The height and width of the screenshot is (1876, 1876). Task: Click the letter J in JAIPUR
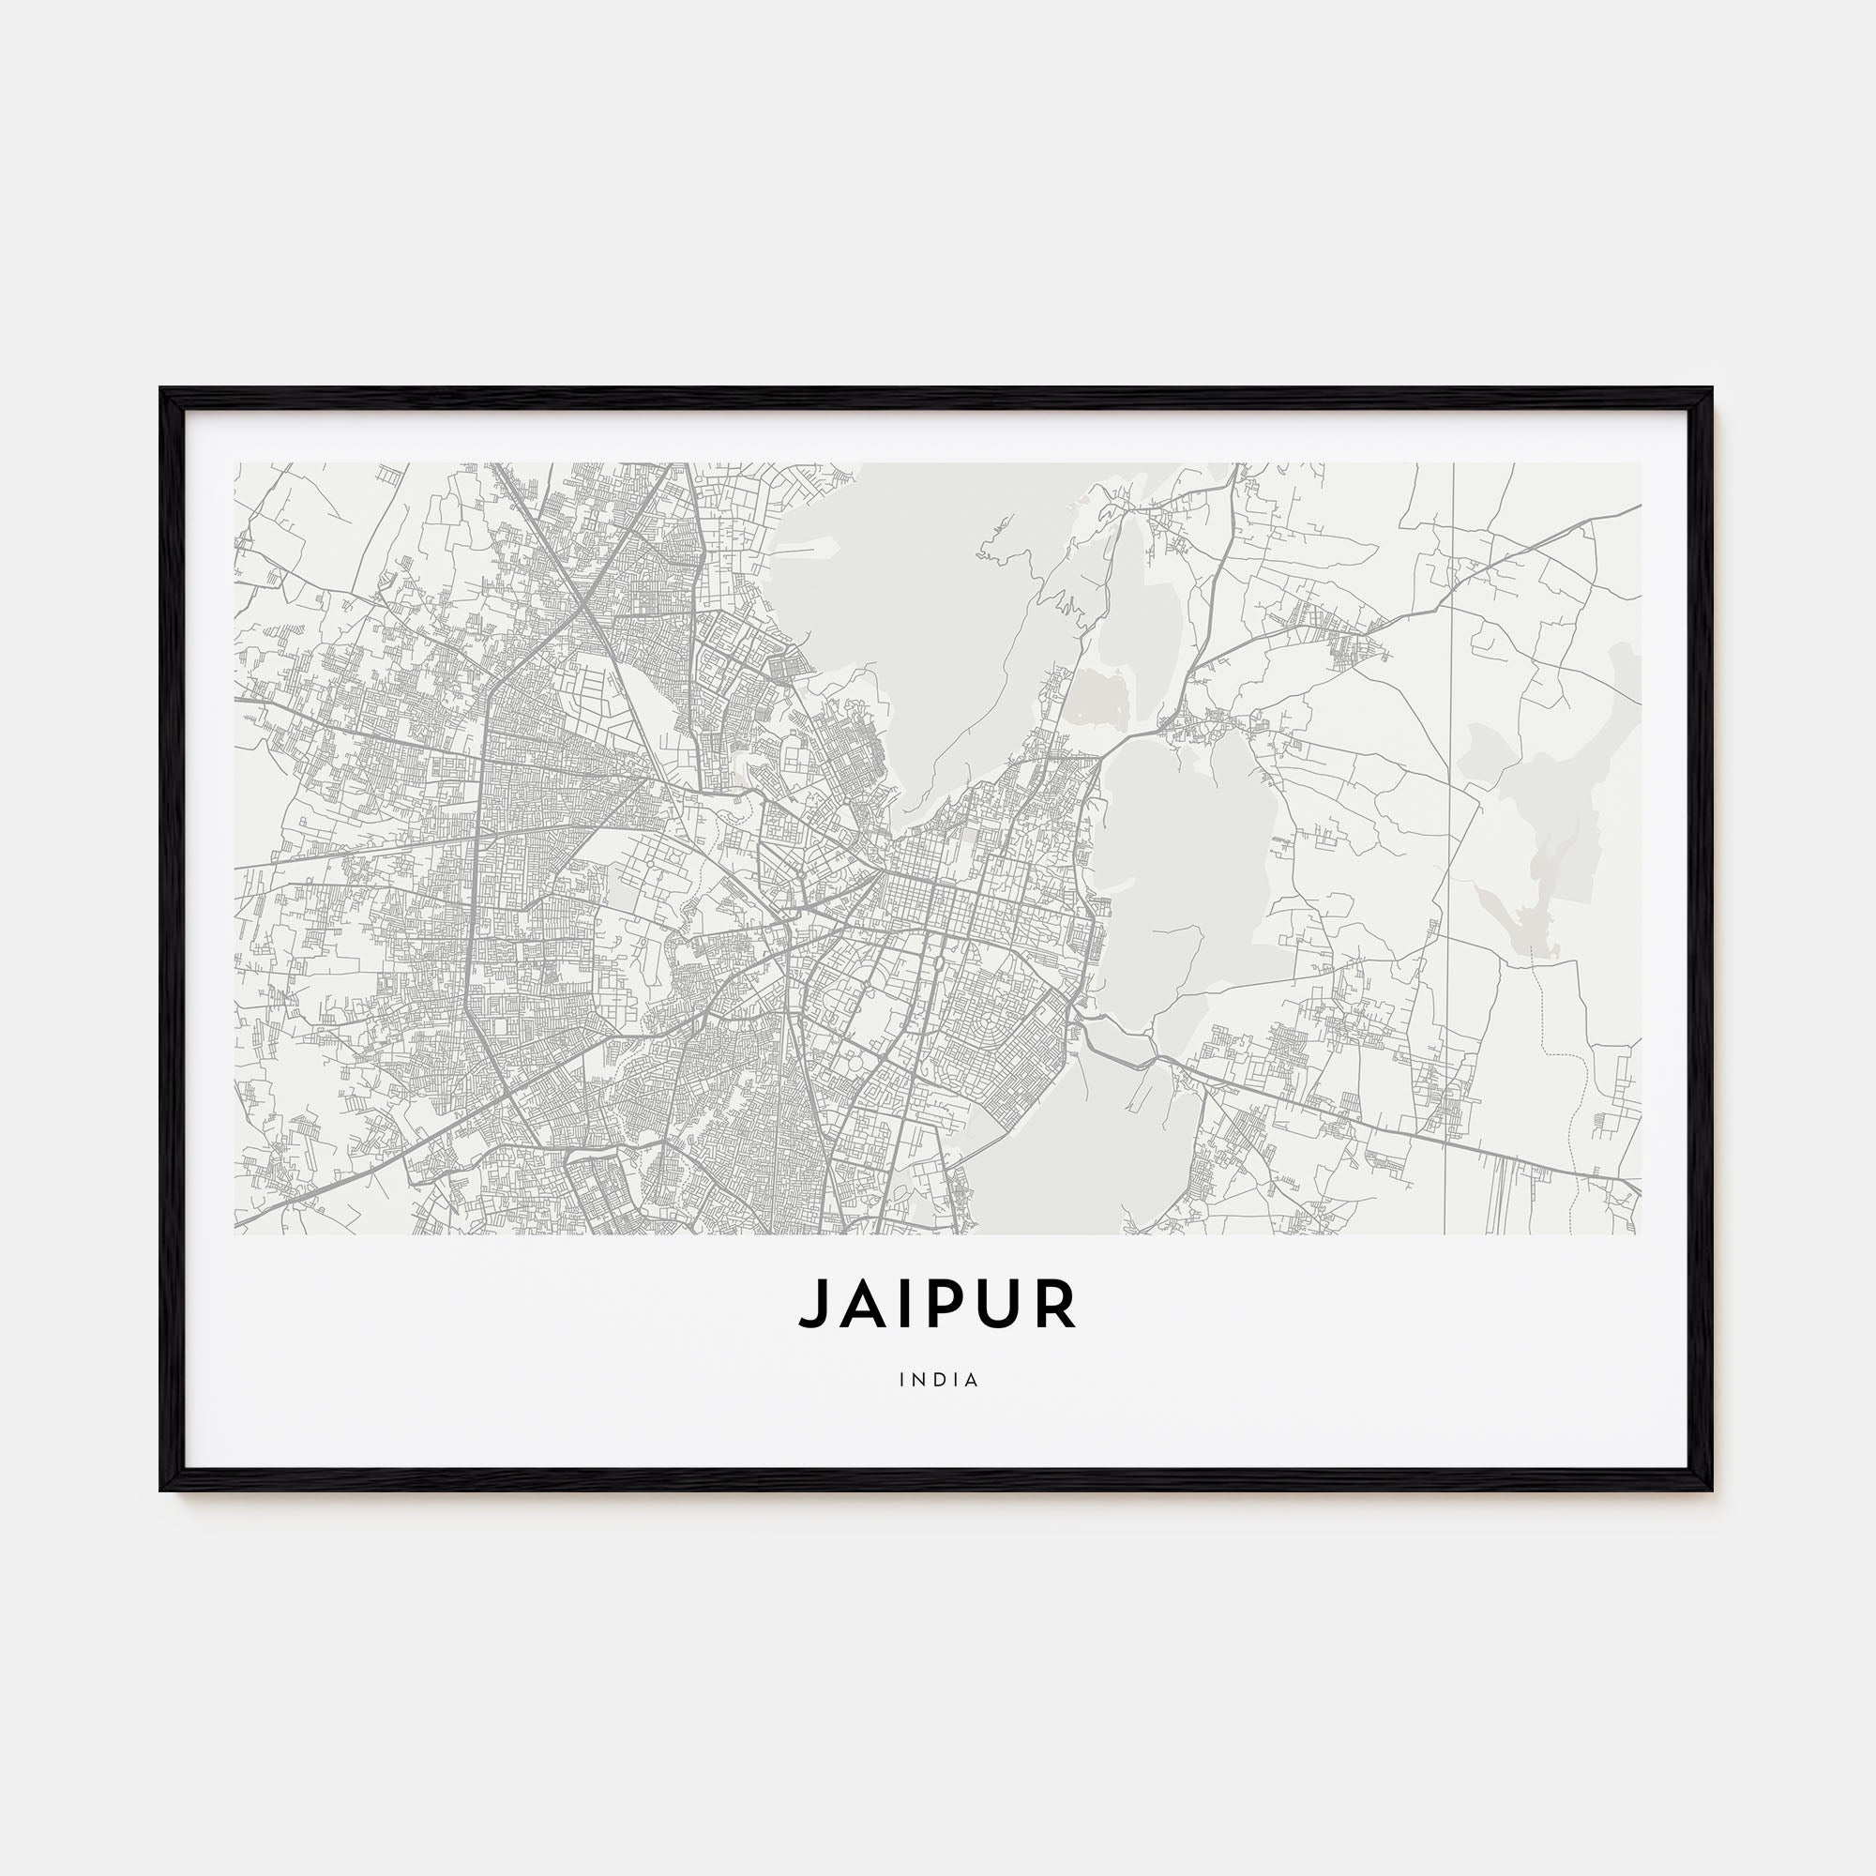(813, 1304)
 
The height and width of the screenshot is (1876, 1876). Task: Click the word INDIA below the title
(939, 1380)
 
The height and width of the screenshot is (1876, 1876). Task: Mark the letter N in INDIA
(920, 1380)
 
